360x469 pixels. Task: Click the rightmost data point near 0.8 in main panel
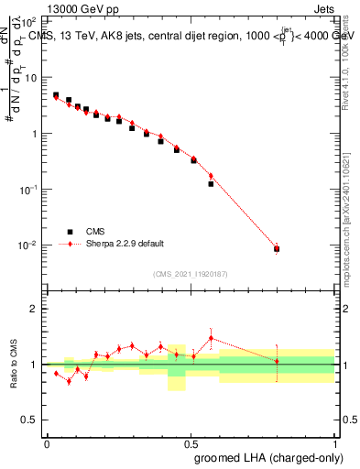(277, 248)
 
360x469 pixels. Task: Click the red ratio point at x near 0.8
(277, 361)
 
